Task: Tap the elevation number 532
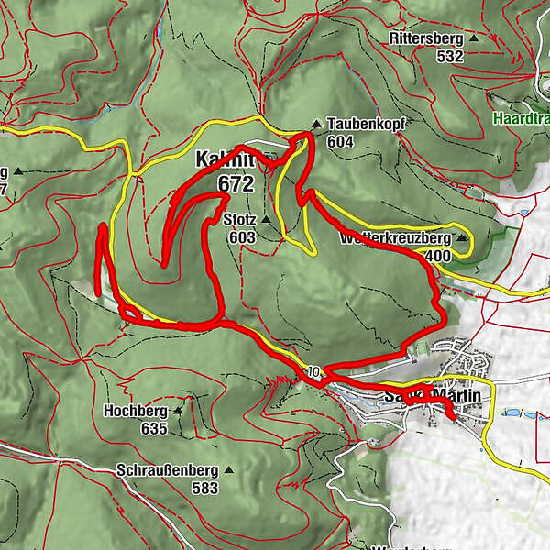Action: click(450, 56)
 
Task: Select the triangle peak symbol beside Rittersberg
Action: click(474, 39)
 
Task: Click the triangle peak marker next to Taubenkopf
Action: click(317, 123)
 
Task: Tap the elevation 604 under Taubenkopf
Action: click(339, 141)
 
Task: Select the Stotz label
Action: click(239, 221)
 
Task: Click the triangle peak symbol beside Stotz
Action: click(266, 220)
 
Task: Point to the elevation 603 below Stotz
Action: click(243, 236)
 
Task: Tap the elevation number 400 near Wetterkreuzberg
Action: click(438, 256)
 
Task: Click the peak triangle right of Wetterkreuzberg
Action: click(462, 238)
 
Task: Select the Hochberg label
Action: click(137, 412)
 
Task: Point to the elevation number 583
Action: click(204, 488)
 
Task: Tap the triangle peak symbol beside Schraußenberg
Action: click(228, 471)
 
